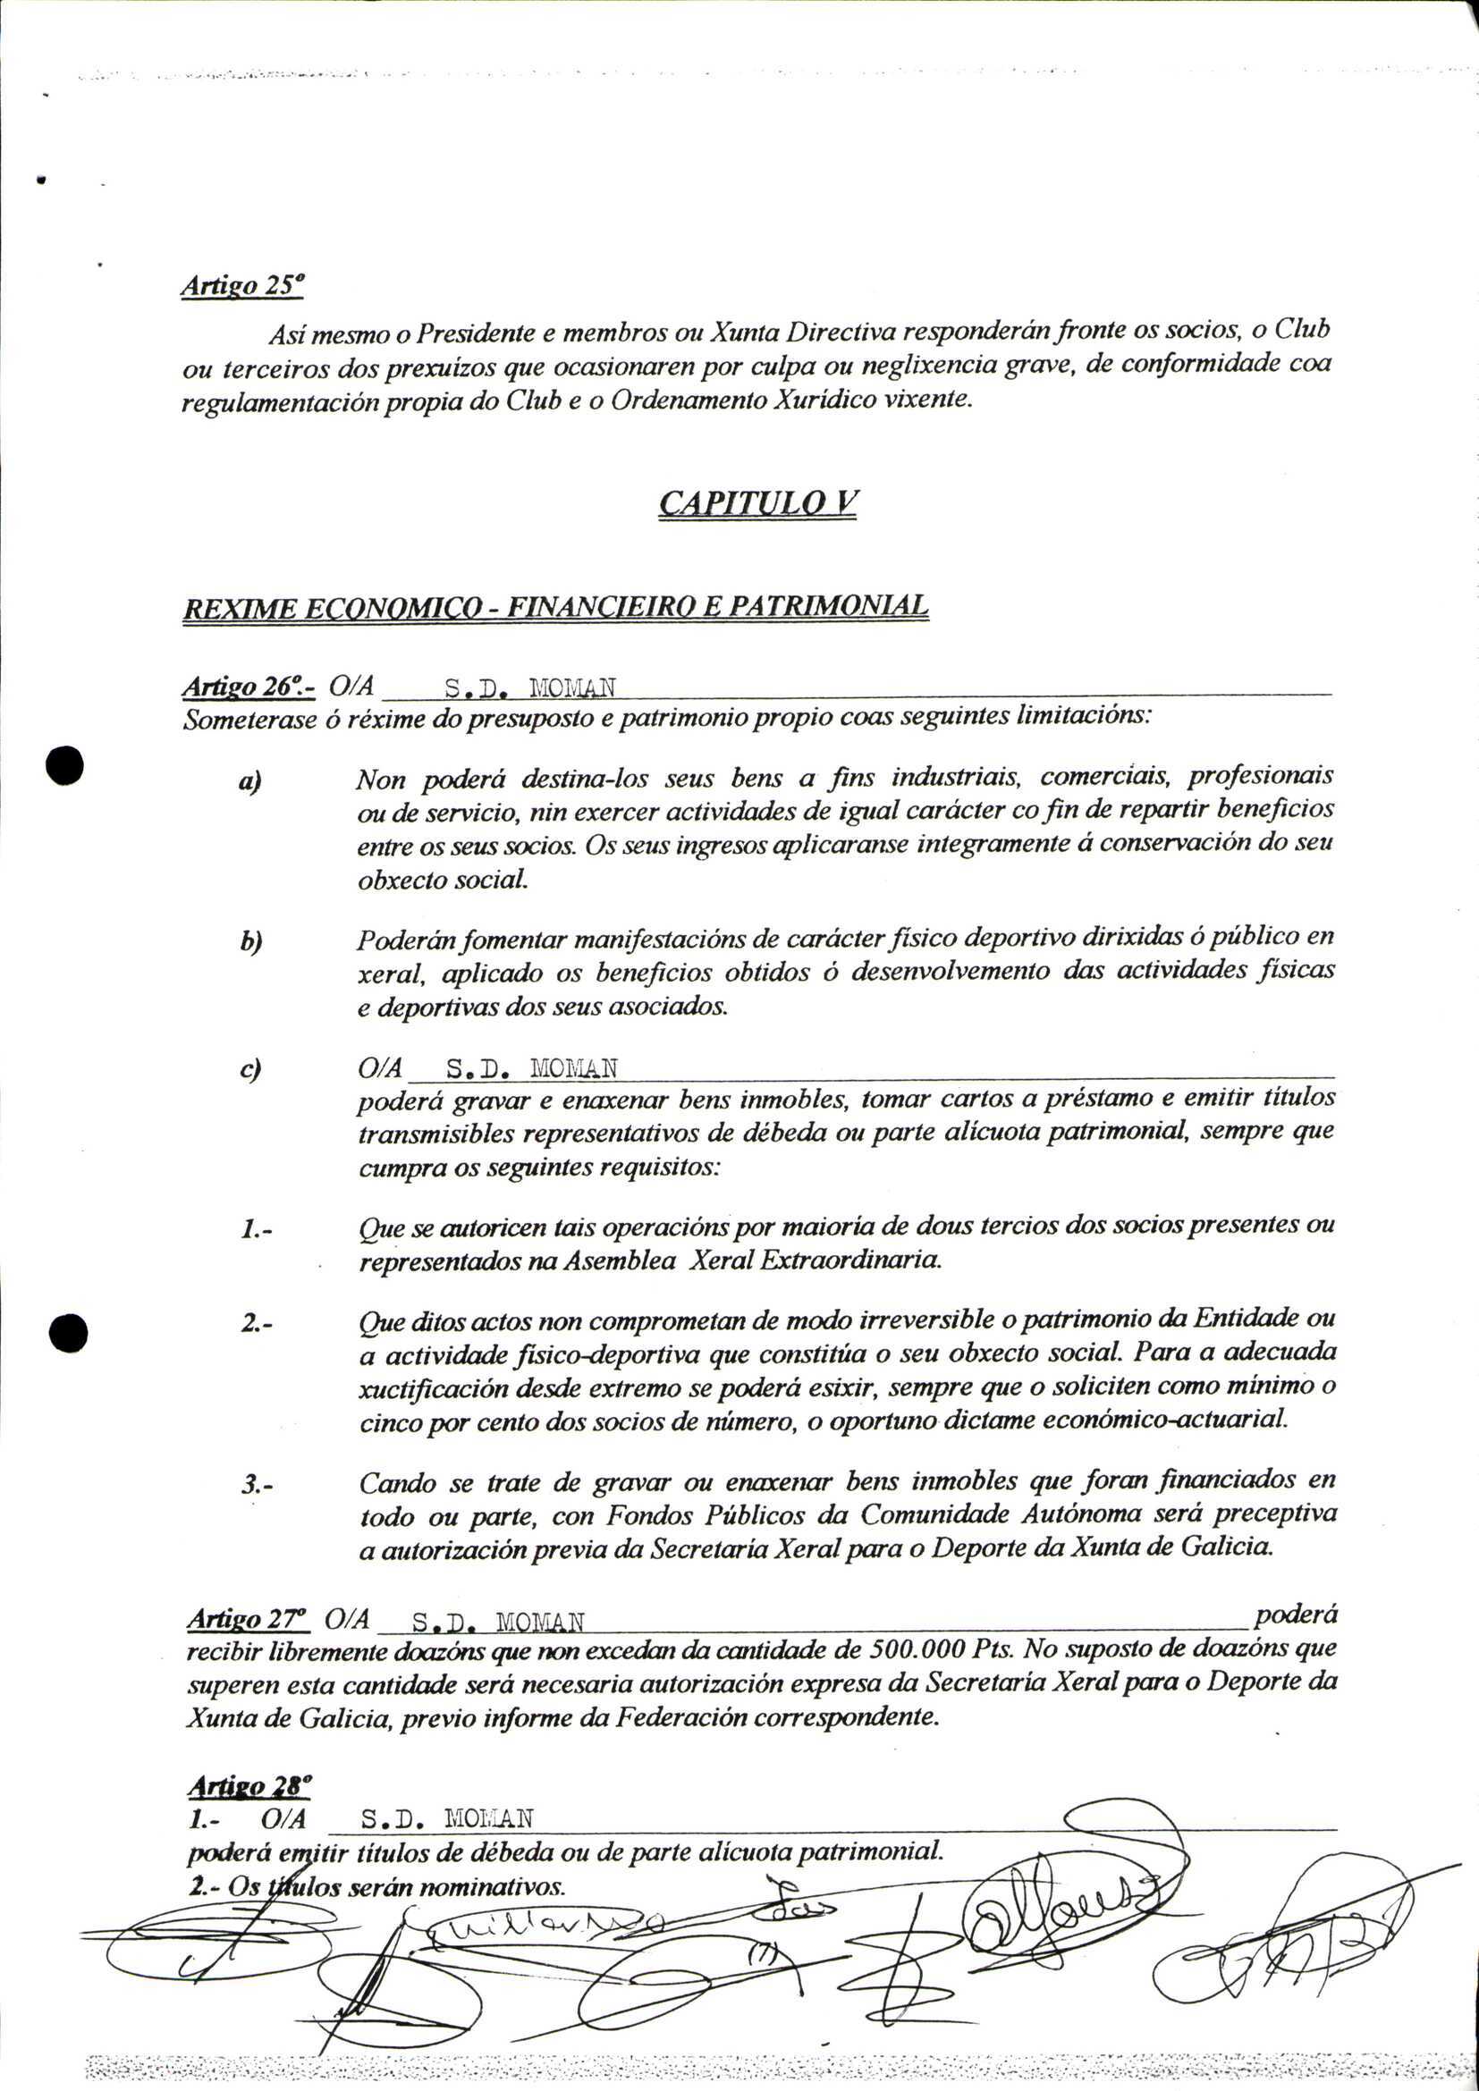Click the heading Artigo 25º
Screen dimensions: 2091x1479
pyautogui.click(x=241, y=285)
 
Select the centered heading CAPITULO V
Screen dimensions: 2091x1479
pyautogui.click(x=757, y=502)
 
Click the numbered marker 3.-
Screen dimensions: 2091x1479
pyautogui.click(x=258, y=1485)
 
